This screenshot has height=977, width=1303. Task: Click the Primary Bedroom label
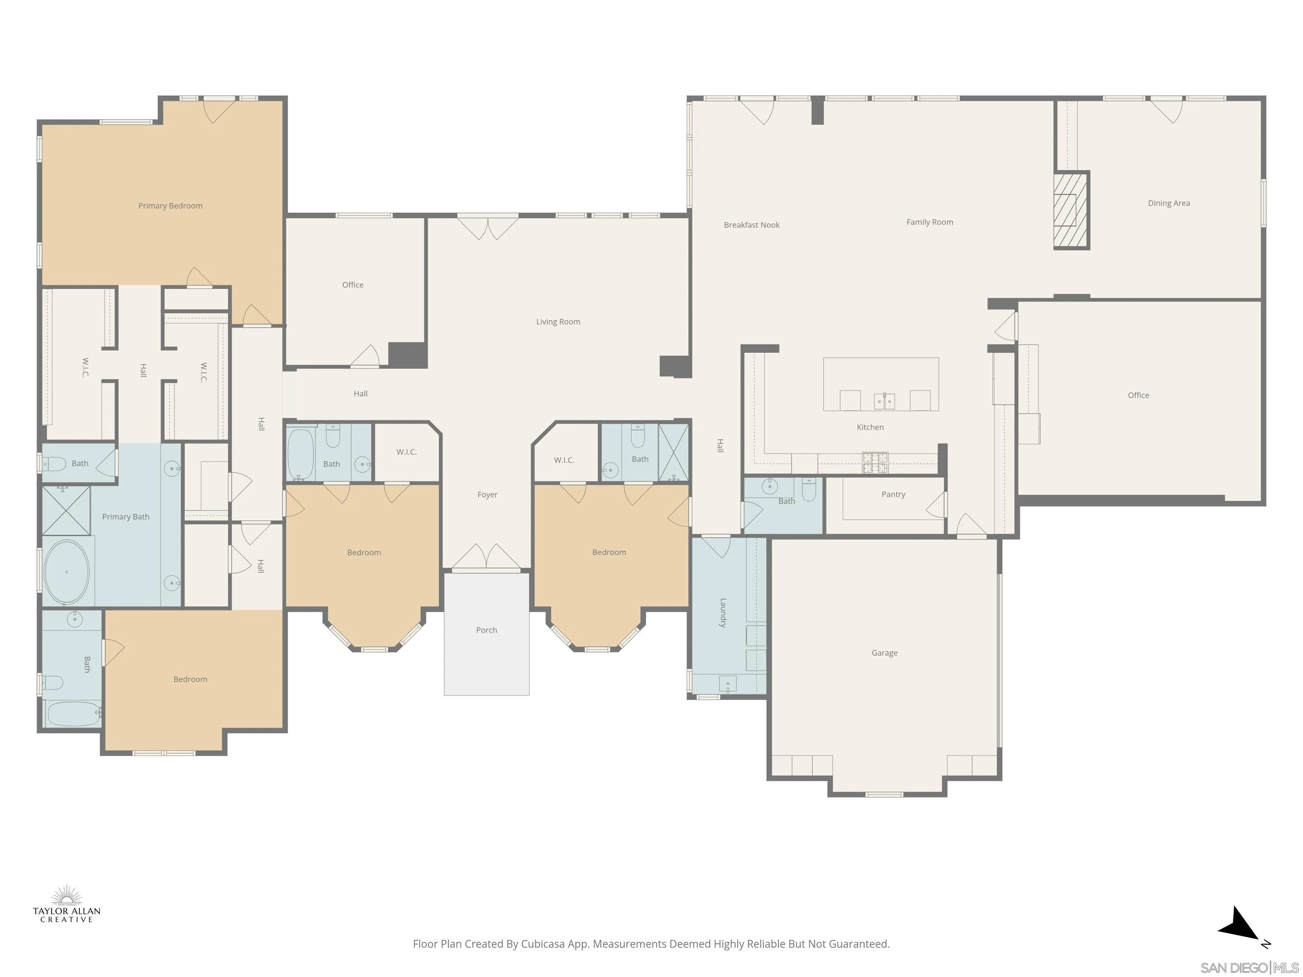coord(170,206)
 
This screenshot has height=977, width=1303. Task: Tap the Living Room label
coord(558,321)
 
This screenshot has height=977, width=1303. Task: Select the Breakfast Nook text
coord(751,225)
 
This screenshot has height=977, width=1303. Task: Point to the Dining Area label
coord(1168,203)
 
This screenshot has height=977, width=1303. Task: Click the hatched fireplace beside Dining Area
coord(1070,210)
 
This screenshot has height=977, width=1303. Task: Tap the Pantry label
coord(893,494)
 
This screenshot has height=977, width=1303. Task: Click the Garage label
coord(884,653)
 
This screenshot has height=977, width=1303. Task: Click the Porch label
coord(486,630)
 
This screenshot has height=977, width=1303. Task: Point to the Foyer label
coord(487,495)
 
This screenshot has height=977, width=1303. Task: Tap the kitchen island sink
coord(884,401)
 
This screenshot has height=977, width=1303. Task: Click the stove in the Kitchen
coord(875,463)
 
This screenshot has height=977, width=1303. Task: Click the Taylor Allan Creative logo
coord(67,904)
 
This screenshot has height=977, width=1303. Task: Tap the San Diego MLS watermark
coord(1249,968)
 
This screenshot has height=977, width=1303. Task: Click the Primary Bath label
coord(126,516)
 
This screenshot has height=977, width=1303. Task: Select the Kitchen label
coord(870,427)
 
